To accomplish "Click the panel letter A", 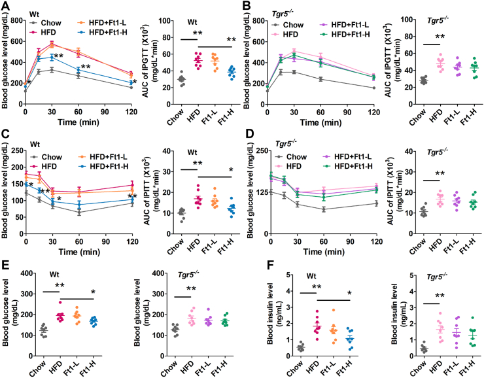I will [x=6, y=5].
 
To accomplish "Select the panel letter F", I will [x=248, y=266].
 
